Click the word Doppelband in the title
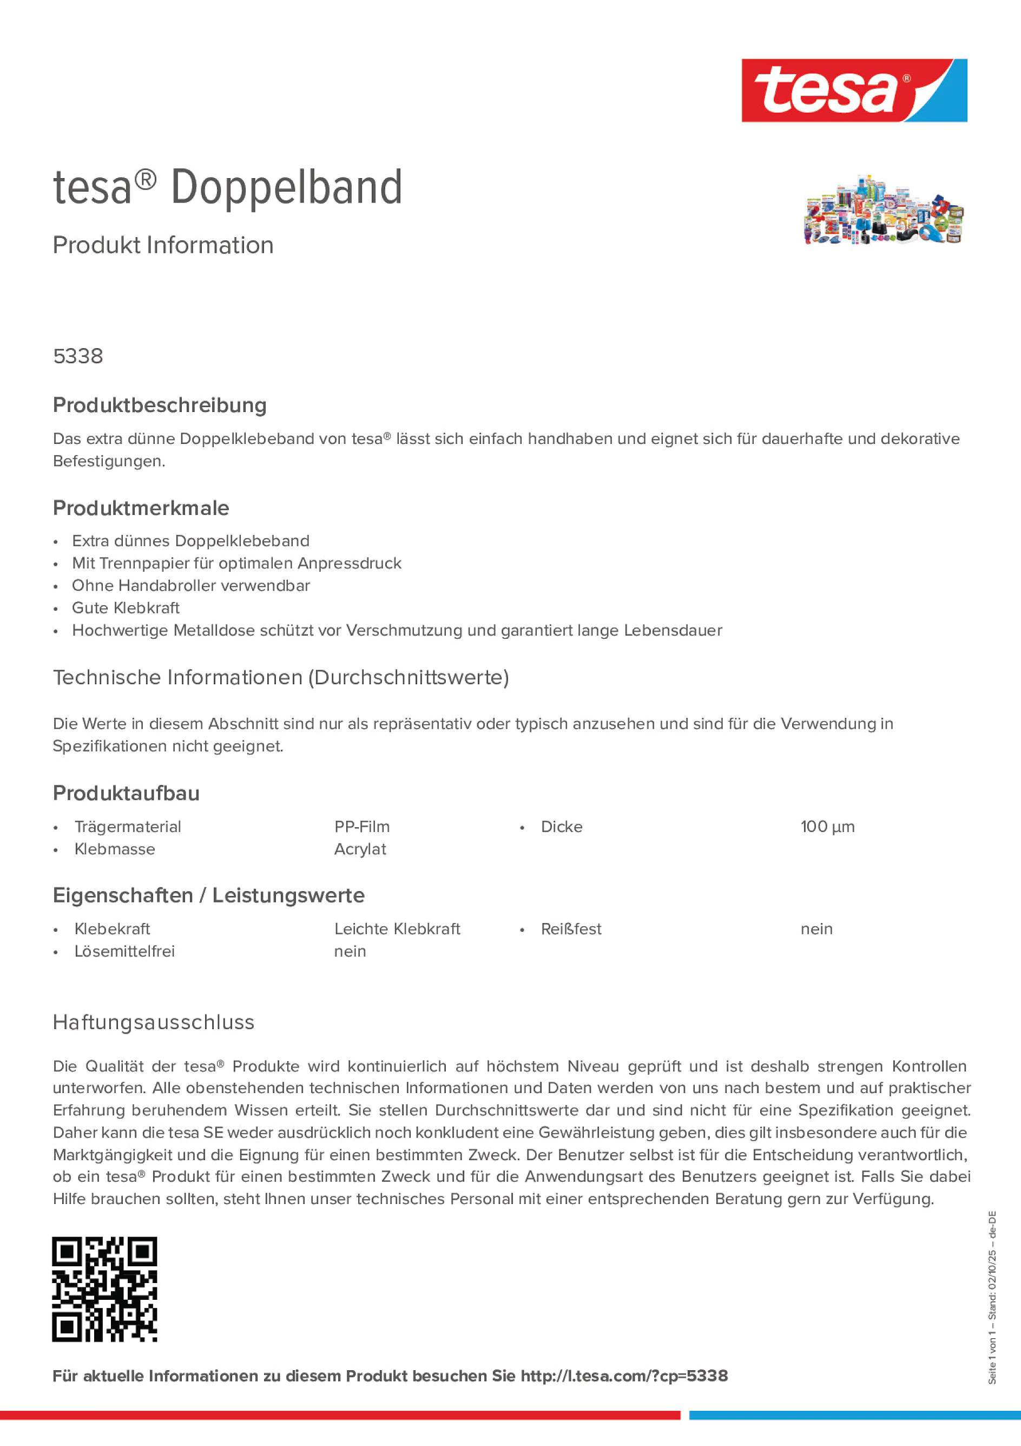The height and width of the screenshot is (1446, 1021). click(x=286, y=188)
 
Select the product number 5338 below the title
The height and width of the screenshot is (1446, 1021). click(x=78, y=356)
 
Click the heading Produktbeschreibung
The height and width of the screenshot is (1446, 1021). click(x=160, y=405)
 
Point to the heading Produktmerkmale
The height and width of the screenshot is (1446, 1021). click(x=141, y=508)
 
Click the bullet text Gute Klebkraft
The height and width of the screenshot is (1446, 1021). click(x=126, y=608)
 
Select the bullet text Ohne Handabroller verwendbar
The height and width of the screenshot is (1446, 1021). click(x=191, y=586)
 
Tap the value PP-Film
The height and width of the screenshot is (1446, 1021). click(x=362, y=827)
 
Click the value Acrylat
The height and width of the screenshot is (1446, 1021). click(x=360, y=849)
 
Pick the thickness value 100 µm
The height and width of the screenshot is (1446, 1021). click(x=827, y=827)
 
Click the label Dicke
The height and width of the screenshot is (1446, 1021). click(x=562, y=827)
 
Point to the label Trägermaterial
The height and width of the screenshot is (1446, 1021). click(x=128, y=827)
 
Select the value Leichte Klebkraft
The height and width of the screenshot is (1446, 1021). click(x=397, y=929)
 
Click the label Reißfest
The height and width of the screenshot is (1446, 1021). click(x=571, y=929)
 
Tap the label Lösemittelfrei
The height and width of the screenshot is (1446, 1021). click(x=124, y=952)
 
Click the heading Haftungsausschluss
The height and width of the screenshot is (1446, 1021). click(x=154, y=1022)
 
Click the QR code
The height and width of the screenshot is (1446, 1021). click(x=104, y=1289)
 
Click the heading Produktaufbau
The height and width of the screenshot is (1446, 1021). click(x=126, y=794)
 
